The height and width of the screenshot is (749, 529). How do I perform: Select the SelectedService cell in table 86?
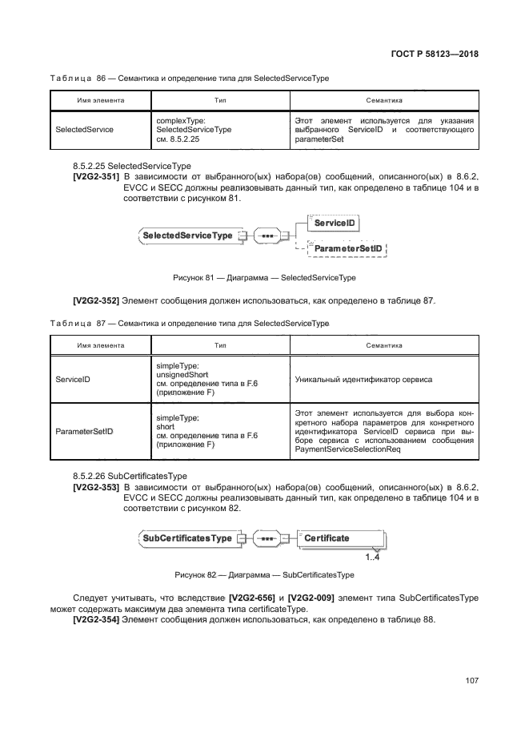point(84,128)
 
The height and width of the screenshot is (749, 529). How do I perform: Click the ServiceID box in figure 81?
point(334,223)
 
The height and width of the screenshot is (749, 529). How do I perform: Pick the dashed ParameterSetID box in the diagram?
point(347,250)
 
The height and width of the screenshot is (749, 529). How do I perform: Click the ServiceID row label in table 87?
point(73,379)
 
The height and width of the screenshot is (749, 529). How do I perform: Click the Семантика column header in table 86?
point(383,100)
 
